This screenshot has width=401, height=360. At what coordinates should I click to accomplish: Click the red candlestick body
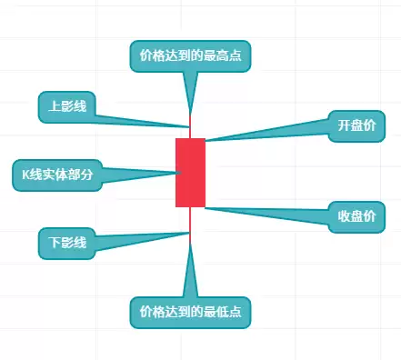click(x=190, y=173)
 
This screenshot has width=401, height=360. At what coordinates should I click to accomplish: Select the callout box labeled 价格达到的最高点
click(x=190, y=56)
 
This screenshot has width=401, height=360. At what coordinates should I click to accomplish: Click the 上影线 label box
click(x=67, y=106)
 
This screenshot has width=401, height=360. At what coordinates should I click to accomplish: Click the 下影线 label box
click(x=67, y=243)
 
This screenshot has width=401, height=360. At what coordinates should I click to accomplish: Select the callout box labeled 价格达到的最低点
click(x=190, y=312)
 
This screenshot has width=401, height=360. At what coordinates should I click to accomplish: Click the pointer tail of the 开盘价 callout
click(x=273, y=134)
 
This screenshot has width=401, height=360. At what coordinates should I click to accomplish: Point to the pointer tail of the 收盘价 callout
click(x=273, y=212)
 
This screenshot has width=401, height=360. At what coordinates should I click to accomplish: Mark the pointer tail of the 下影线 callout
click(x=136, y=239)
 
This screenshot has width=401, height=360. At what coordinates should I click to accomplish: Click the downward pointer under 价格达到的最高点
click(x=190, y=91)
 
